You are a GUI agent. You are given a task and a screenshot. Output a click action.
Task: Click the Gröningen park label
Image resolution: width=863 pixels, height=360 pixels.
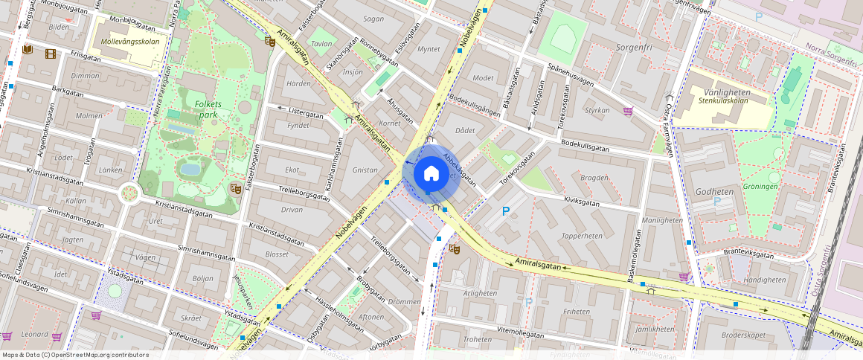pos(760,187)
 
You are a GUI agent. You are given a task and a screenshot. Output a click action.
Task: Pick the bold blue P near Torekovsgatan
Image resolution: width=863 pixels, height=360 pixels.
pos(506,211)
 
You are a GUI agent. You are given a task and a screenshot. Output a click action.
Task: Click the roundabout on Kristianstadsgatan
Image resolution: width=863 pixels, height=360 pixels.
pos(130,193)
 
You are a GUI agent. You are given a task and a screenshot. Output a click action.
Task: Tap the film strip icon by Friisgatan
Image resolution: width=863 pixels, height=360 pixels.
pos(50,53)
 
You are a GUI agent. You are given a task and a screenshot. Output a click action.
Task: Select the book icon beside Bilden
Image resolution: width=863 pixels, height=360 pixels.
pos(28,50)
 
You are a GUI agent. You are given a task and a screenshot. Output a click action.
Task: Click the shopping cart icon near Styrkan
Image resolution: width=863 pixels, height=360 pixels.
pos(628,112)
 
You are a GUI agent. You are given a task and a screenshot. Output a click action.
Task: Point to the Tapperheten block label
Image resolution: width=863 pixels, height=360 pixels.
pos(582,236)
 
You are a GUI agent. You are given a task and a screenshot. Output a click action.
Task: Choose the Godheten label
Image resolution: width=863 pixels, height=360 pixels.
pos(715,191)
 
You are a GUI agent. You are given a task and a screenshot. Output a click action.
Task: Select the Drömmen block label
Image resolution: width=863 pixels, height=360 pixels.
pos(404,301)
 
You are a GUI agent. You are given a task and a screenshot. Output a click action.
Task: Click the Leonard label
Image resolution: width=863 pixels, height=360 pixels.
pos(34,335)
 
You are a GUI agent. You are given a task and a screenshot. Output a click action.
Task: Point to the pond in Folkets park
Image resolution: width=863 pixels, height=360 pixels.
pos(190,169)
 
